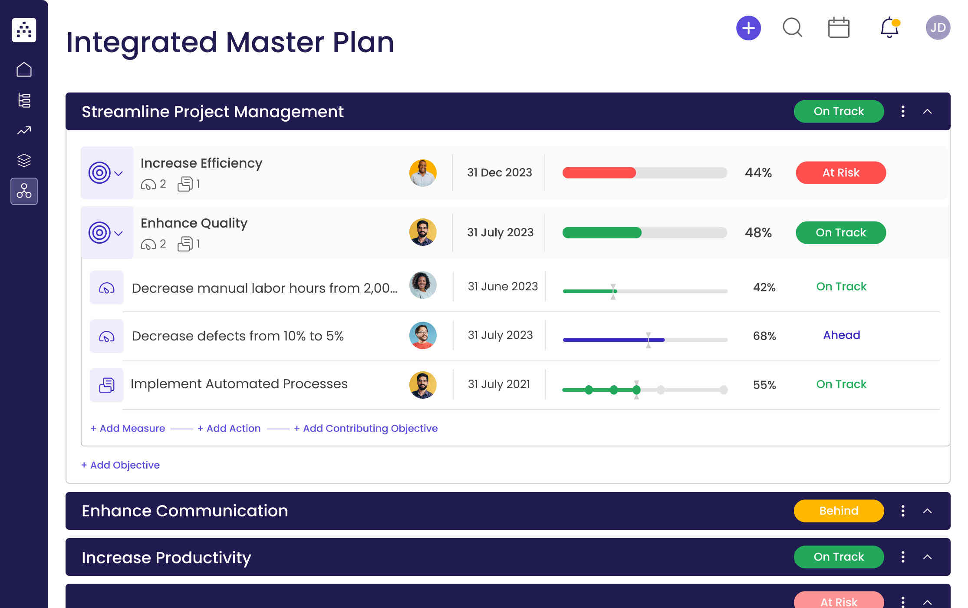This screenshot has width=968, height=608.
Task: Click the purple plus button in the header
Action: (748, 28)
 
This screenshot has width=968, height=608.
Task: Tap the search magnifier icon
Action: (792, 28)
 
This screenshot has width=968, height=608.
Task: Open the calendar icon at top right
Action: (839, 28)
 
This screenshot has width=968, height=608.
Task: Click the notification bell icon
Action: (889, 28)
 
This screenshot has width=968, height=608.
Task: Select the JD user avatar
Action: (938, 28)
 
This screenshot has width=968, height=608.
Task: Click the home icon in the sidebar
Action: (24, 69)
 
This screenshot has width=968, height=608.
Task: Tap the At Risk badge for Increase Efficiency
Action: (840, 173)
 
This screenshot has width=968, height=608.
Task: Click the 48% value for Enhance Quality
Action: (758, 233)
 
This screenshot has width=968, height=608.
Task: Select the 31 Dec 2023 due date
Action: (499, 173)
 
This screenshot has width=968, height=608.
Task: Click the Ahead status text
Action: (841, 335)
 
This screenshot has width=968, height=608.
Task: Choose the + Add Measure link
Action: (128, 428)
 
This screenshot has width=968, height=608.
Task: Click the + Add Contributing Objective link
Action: (365, 428)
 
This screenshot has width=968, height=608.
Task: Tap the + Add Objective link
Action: (120, 465)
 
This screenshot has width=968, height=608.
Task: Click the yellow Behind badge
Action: (838, 511)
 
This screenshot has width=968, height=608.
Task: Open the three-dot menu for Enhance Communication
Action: (903, 511)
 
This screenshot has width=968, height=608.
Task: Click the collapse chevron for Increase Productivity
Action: (927, 557)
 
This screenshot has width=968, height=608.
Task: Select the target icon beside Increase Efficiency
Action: (100, 173)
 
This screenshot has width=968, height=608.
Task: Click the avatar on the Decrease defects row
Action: (422, 335)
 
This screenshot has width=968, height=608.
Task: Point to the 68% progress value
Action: (764, 336)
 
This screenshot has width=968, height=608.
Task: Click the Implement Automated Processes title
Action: (239, 384)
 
